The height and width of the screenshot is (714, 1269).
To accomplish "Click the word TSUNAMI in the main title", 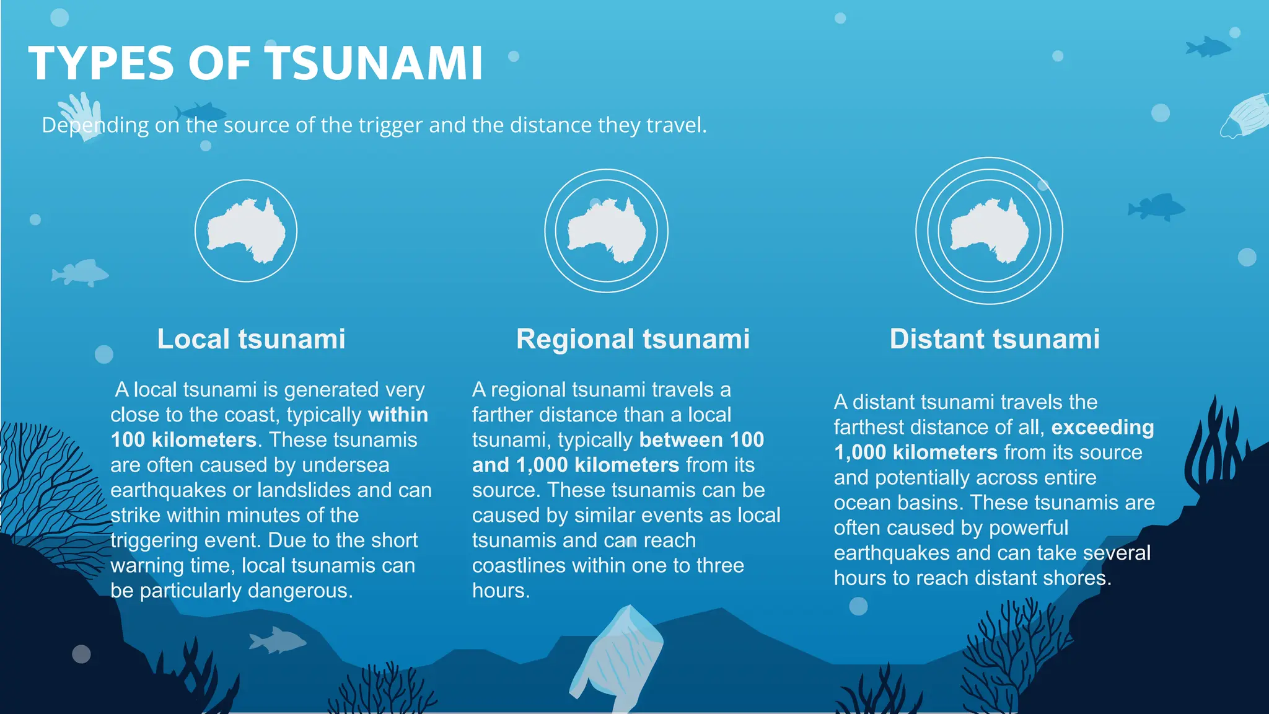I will point(375,63).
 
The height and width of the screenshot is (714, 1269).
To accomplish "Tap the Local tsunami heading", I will point(251,339).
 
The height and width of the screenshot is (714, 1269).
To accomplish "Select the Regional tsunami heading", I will point(633,339).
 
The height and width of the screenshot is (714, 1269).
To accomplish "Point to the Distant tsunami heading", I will point(995,339).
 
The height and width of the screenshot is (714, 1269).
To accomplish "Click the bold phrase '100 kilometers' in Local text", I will point(183,440).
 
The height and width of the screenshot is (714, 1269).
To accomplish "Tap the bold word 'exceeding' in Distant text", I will point(1102,428).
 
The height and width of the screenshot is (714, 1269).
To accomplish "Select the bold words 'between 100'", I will point(701,440).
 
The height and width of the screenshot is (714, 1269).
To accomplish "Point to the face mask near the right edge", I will point(1245,117).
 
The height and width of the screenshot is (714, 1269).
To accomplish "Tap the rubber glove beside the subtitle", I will point(81,115).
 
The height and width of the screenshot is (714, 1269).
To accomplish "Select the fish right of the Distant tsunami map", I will point(1156,207).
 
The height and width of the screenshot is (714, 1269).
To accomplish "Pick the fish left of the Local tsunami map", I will point(81,273).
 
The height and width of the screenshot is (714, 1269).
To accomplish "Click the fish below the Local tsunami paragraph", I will point(278,640).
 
